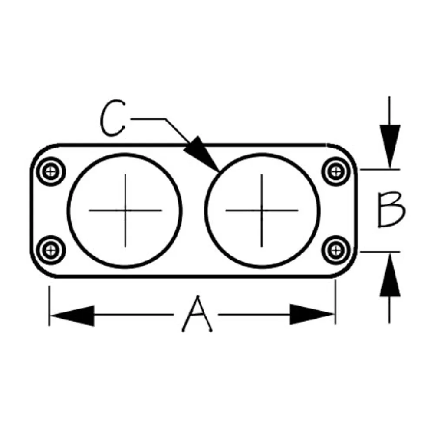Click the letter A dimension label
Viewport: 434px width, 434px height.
coord(197,314)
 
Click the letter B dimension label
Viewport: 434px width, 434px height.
coord(391,210)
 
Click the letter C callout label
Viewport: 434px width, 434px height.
coord(112,118)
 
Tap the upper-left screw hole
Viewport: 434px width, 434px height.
coord(51,171)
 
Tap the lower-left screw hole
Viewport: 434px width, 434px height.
coord(51,250)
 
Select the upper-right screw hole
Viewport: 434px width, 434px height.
coord(336,171)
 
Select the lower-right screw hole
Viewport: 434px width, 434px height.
coord(336,250)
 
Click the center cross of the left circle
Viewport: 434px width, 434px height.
coord(125,210)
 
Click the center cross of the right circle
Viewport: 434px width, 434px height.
coord(262,210)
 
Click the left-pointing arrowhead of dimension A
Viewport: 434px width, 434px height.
coord(72,315)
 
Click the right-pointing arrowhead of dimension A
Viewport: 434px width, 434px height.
coord(312,314)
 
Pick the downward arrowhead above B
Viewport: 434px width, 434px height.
coord(390,146)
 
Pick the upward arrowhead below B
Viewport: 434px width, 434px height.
coord(390,275)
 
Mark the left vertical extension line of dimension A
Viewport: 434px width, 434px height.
coord(49,306)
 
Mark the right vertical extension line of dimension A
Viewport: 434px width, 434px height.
coord(335,302)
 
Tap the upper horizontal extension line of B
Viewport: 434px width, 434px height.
coord(380,169)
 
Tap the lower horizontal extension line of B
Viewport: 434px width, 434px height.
coord(380,252)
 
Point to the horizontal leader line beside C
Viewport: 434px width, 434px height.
coord(148,119)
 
